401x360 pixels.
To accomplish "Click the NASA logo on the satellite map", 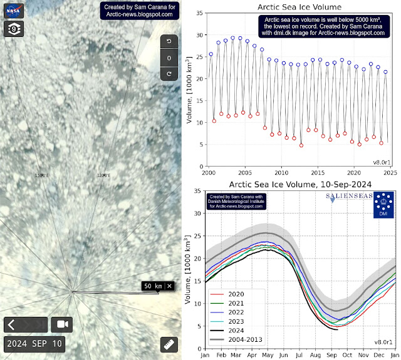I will (x=13, y=11).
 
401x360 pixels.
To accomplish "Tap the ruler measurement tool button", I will (x=167, y=344).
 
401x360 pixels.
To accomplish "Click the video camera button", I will (x=63, y=325).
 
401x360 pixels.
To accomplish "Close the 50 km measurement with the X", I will (x=169, y=286).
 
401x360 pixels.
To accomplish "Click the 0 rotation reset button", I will (x=168, y=58).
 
